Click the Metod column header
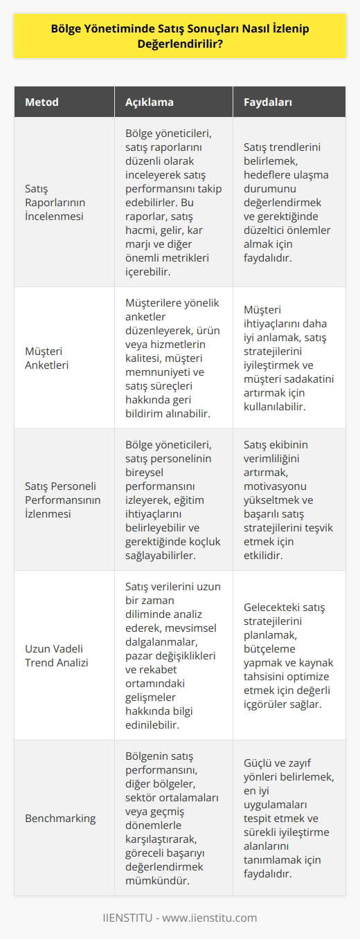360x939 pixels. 42,102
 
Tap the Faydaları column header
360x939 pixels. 268,102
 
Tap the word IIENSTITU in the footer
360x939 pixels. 127,918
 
